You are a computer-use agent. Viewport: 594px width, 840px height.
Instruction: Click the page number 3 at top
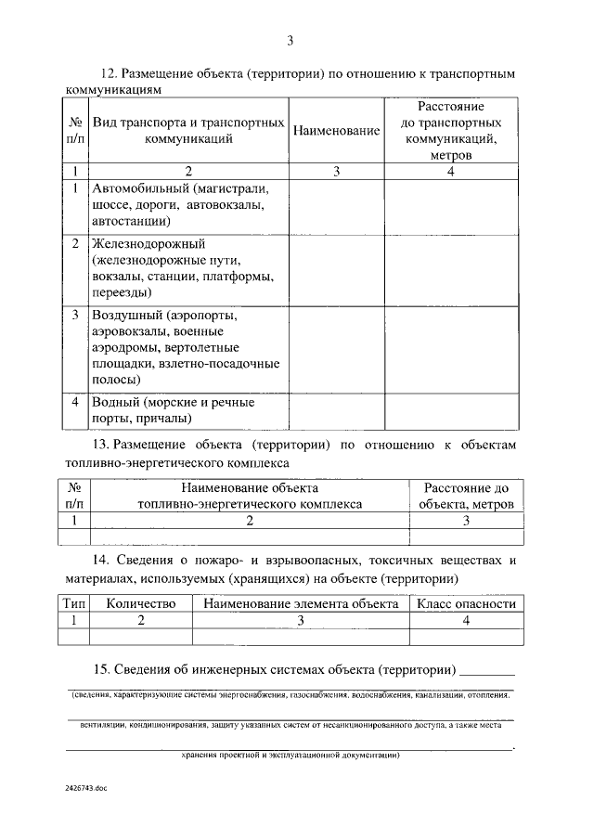point(291,41)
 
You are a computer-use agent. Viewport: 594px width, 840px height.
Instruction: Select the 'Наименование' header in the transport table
point(336,131)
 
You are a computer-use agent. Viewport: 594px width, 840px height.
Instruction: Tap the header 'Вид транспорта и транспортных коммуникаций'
point(188,131)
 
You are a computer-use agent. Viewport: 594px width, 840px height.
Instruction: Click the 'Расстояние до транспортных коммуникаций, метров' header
point(451,131)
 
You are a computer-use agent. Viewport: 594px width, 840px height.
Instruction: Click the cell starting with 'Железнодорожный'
point(188,268)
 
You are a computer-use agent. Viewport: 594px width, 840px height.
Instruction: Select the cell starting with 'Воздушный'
point(188,348)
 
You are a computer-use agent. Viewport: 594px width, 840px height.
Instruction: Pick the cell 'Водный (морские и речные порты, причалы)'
point(188,410)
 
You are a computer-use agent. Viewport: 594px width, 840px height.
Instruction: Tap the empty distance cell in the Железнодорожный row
point(451,268)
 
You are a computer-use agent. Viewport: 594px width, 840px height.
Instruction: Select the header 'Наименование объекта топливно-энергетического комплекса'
point(250,496)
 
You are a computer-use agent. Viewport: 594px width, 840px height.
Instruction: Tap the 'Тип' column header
point(74,603)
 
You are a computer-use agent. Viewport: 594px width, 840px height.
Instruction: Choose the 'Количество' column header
point(141,603)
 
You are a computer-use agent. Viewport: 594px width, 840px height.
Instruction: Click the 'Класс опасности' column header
point(466,603)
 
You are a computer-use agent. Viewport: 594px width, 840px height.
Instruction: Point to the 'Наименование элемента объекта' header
point(301,603)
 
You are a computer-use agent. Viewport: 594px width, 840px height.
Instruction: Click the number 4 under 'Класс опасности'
point(466,620)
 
